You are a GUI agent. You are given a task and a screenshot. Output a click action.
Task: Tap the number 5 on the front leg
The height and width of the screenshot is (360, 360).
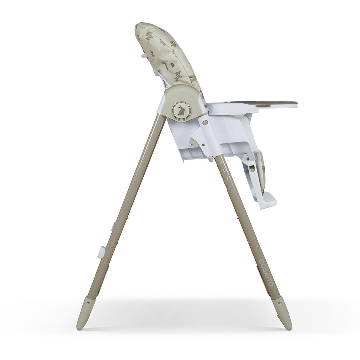(220, 161)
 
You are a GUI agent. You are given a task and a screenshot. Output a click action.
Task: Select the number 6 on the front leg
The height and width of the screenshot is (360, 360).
(224, 170)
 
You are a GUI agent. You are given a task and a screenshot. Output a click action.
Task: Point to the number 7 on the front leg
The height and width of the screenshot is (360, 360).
(227, 179)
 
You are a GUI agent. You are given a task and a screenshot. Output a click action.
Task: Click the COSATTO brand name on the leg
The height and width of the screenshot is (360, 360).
(266, 273)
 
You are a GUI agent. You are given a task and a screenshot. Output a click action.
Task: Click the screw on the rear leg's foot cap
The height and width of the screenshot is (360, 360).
(89, 303)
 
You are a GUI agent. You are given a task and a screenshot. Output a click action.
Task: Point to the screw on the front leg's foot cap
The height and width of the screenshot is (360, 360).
(279, 303)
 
